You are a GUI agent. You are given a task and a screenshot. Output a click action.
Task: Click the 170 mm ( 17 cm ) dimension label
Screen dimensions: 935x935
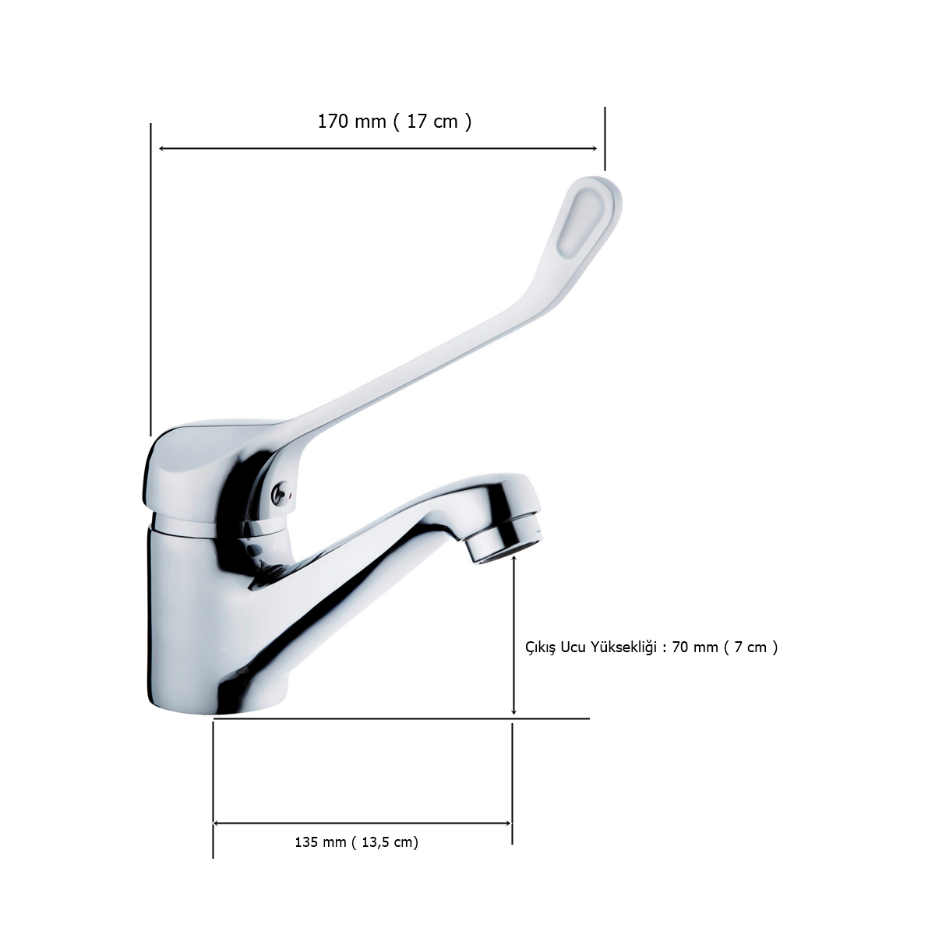394,122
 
